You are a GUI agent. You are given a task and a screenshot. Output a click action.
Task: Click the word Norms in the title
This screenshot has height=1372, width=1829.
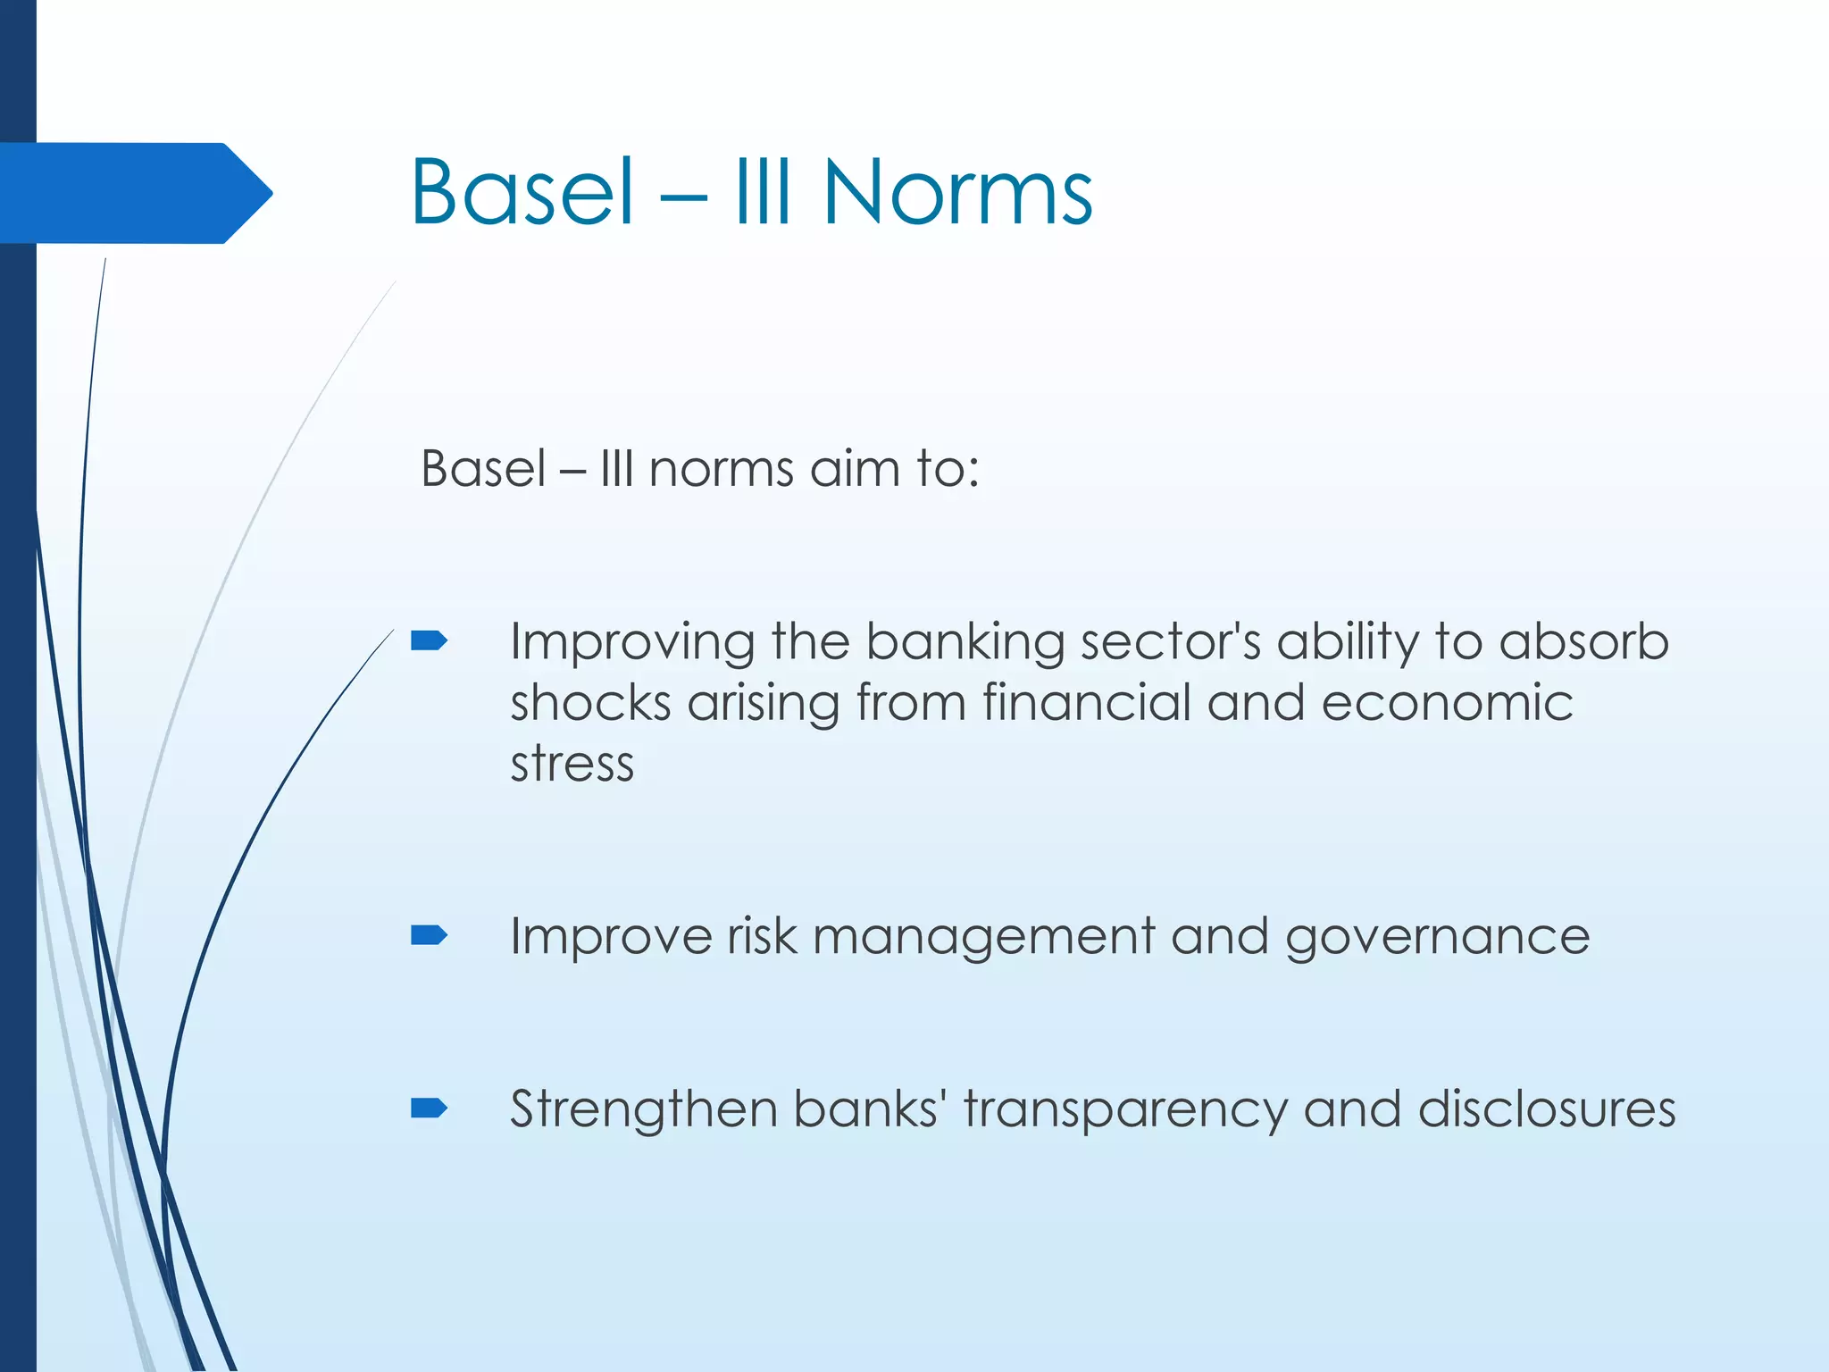click(957, 192)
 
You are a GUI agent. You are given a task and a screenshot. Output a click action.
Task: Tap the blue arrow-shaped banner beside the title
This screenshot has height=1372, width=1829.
click(134, 193)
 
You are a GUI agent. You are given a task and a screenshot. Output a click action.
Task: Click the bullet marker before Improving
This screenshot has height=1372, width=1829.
click(429, 640)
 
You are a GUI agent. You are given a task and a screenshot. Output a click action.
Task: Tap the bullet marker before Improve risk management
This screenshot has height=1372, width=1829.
click(429, 935)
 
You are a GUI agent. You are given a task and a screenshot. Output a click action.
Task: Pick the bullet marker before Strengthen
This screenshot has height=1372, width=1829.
click(429, 1108)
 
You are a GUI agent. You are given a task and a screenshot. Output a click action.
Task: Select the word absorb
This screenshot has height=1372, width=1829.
click(1583, 641)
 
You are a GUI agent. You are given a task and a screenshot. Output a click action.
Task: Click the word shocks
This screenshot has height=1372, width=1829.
click(590, 702)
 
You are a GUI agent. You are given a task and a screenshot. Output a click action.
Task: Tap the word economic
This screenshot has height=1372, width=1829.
click(1447, 702)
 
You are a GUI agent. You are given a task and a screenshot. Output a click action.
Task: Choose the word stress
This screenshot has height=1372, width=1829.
click(572, 765)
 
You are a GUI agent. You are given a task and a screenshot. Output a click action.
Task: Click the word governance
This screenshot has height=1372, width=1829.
click(1437, 938)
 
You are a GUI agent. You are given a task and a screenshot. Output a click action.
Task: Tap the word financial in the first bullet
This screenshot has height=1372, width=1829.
click(1087, 702)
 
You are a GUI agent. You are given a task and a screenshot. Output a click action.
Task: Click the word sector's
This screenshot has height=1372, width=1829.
click(1170, 641)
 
